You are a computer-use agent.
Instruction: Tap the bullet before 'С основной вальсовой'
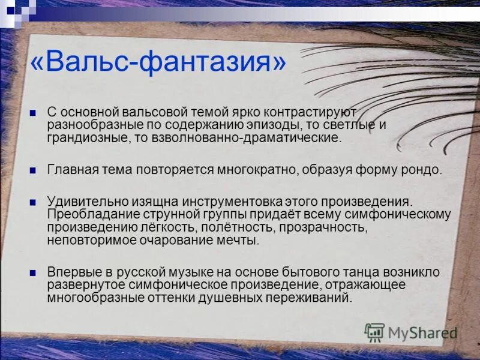tap(34, 112)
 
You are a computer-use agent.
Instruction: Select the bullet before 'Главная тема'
tap(34, 169)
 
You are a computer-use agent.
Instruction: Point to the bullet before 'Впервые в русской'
tap(34, 272)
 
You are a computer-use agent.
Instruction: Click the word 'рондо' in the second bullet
tap(422, 169)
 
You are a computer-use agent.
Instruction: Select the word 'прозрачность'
tap(324, 227)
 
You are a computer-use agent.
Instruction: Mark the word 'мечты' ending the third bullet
tap(238, 240)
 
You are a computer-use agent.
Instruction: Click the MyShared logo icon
tap(375, 332)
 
